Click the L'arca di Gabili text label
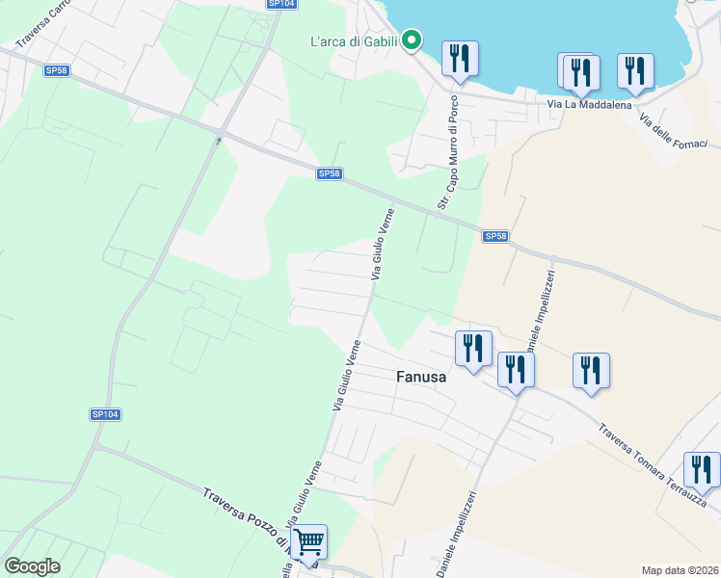tap(354, 40)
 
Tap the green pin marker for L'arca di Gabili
tap(412, 39)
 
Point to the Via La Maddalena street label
tap(588, 104)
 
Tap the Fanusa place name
tap(421, 378)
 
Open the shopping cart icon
tap(308, 542)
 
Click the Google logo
tap(33, 566)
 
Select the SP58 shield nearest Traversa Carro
tap(56, 70)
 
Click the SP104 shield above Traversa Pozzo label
tap(105, 414)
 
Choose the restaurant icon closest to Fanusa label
tap(472, 347)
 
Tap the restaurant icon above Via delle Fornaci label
tap(635, 69)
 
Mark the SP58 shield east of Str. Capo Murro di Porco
tap(494, 236)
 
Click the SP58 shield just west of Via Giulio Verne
tap(329, 173)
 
